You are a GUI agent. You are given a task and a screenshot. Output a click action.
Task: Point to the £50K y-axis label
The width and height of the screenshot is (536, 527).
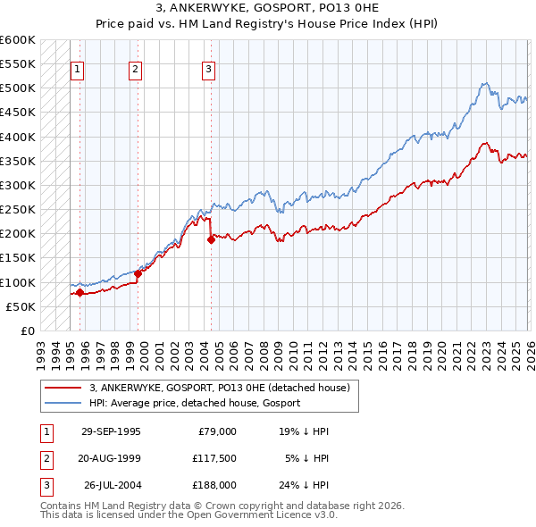21,306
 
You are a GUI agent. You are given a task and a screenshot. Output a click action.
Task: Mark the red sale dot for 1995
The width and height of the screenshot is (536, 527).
80,292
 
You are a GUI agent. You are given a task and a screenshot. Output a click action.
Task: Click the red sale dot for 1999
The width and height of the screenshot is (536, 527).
138,273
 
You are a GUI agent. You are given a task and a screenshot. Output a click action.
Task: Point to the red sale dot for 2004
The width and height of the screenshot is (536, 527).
211,239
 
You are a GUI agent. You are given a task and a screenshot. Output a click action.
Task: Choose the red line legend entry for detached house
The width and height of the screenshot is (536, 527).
223,388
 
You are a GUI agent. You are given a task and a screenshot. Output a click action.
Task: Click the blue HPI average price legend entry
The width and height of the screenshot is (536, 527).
195,403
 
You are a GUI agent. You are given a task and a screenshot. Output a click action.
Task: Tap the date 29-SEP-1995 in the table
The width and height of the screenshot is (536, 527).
111,431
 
